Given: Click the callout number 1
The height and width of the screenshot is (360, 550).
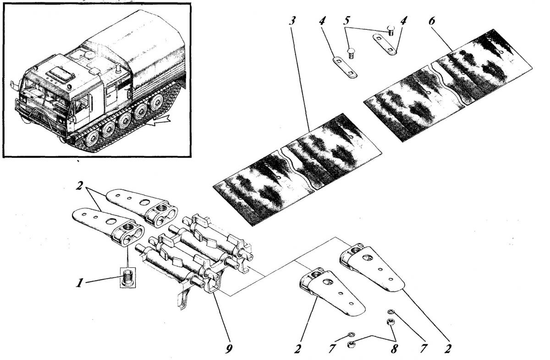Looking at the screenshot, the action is (79, 283).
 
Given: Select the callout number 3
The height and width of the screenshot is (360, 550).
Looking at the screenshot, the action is (292, 21).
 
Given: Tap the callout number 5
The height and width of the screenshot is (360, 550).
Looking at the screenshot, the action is (346, 21).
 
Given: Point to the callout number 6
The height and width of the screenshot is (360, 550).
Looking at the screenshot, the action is (431, 21).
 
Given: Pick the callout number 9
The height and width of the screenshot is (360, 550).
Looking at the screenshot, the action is (229, 349).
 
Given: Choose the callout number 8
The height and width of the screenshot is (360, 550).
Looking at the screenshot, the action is (394, 349).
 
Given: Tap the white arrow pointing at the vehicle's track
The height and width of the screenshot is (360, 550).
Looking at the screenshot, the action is (159, 121).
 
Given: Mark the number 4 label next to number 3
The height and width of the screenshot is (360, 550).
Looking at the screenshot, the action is (322, 21).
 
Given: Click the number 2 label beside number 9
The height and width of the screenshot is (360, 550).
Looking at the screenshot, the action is (298, 349).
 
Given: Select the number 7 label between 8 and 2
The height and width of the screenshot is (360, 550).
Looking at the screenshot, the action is (423, 349).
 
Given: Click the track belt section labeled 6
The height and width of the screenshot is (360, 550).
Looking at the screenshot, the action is (448, 86).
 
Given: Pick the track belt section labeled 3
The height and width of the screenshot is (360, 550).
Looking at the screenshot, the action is (297, 170).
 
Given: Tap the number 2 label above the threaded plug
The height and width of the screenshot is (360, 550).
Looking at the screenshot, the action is (79, 186).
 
